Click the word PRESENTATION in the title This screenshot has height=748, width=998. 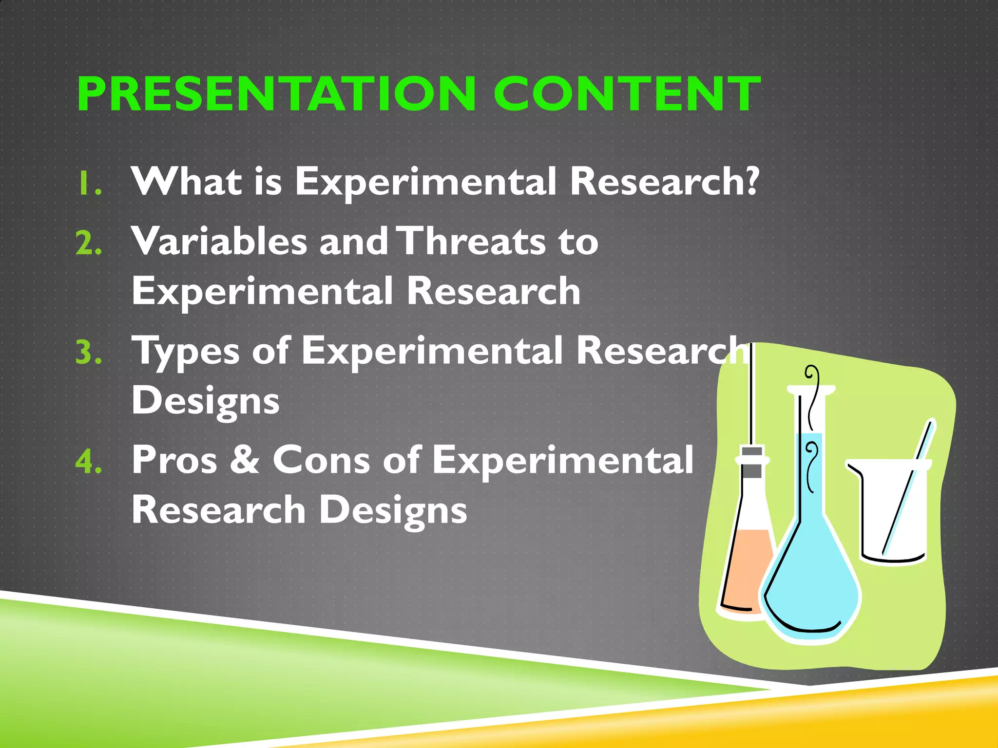pyautogui.click(x=276, y=94)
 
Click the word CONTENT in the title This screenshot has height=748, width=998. pyautogui.click(x=627, y=94)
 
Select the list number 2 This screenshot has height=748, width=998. pyautogui.click(x=88, y=243)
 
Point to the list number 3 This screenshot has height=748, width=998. pyautogui.click(x=88, y=353)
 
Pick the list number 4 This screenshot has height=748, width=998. pyautogui.click(x=88, y=462)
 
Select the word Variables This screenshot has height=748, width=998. pyautogui.click(x=219, y=242)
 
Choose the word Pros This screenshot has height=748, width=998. pyautogui.click(x=174, y=460)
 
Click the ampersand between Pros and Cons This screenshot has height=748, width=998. pyautogui.click(x=245, y=460)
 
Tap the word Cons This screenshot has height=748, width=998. pyautogui.click(x=321, y=460)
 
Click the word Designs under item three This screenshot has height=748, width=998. pyautogui.click(x=205, y=401)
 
